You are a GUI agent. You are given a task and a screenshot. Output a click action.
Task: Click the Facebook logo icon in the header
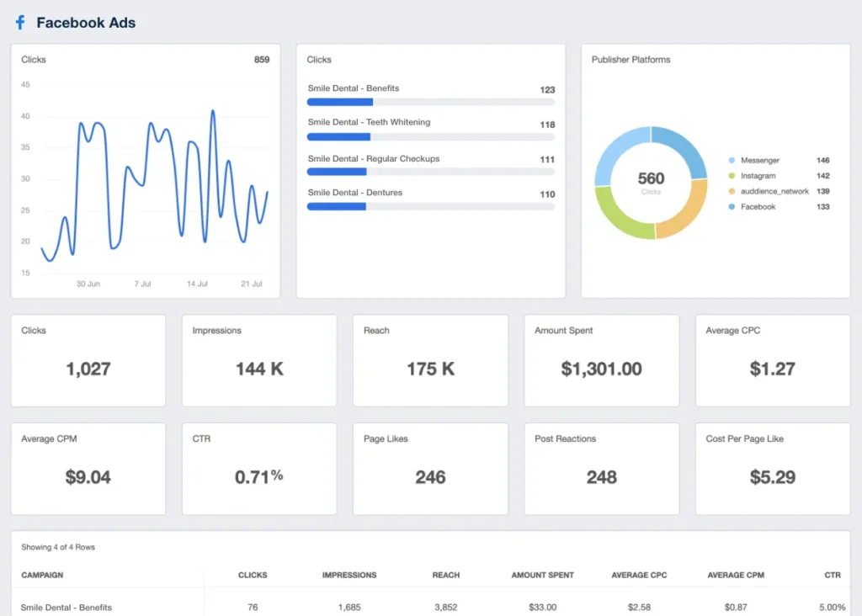[20, 24]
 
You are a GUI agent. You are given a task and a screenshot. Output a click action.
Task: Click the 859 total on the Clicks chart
[262, 60]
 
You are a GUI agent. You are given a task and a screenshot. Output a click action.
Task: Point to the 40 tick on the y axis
[25, 116]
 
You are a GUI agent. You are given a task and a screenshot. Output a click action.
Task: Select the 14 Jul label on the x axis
[197, 284]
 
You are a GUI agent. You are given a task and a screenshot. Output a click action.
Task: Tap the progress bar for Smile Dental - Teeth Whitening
[430, 136]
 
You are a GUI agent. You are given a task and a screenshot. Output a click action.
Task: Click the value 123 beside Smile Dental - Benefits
[547, 90]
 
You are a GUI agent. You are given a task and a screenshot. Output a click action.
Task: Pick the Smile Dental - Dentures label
[354, 193]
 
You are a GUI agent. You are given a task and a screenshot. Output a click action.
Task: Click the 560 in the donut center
[651, 178]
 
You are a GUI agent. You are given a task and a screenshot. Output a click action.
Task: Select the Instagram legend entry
[758, 176]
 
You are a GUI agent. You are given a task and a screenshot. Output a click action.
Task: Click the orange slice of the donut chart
[684, 210]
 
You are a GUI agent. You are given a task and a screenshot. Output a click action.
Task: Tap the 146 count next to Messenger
[822, 160]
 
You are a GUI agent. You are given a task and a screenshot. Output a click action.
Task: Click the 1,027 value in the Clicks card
[88, 369]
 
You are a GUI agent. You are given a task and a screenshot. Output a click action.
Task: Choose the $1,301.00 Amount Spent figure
[601, 369]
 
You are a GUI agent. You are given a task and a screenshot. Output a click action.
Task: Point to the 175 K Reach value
[430, 369]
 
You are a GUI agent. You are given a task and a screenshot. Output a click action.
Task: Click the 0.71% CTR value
[258, 477]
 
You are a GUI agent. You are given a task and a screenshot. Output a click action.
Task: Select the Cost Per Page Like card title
[744, 438]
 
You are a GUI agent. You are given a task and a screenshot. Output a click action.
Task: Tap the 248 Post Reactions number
[601, 477]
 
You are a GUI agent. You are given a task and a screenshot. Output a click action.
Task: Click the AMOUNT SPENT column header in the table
[542, 575]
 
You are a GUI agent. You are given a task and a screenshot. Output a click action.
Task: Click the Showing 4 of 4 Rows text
[58, 547]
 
